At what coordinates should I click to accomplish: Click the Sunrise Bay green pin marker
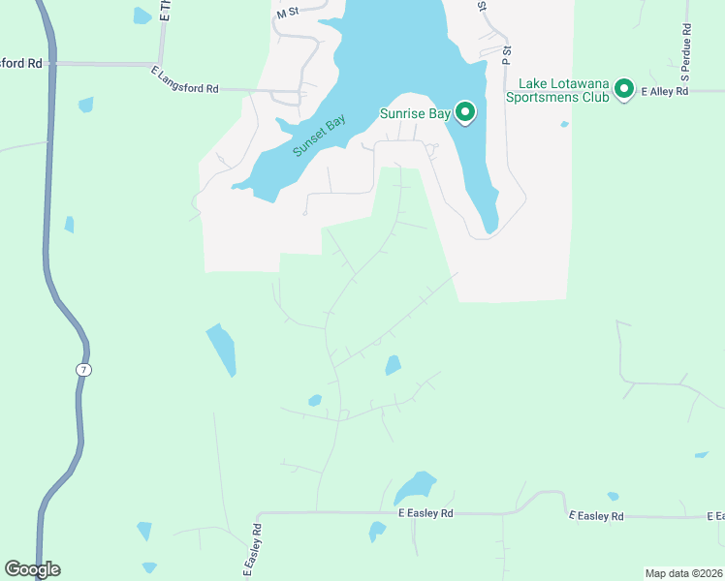click(465, 113)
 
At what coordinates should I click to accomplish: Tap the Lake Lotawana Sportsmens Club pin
click(624, 90)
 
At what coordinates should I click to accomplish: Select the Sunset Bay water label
click(319, 138)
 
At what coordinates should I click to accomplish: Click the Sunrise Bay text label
click(414, 114)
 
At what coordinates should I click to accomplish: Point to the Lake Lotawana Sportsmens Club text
click(563, 90)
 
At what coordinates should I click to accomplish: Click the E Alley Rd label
click(664, 91)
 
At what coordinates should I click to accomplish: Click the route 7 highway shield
click(84, 369)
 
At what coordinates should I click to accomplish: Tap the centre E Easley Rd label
click(426, 513)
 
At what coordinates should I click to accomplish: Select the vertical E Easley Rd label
click(250, 550)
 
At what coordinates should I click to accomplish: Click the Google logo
click(32, 569)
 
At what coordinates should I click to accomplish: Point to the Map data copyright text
click(684, 573)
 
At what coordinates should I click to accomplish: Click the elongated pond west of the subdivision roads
click(221, 349)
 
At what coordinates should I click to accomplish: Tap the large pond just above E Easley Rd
click(415, 486)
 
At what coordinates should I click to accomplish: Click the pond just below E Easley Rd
click(377, 532)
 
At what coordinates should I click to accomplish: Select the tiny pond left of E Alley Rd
click(564, 124)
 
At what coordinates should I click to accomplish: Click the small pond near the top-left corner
click(142, 15)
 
